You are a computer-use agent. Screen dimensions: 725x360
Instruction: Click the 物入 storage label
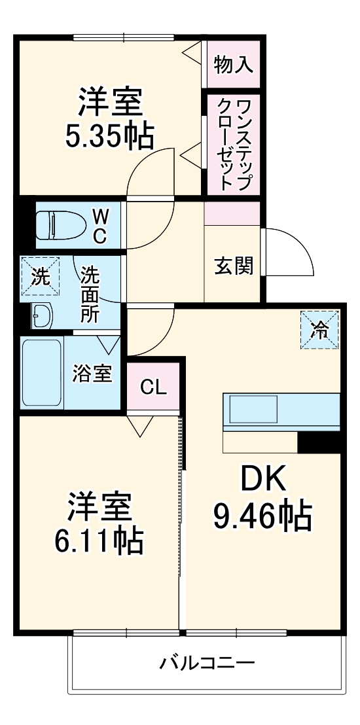pyautogui.click(x=234, y=66)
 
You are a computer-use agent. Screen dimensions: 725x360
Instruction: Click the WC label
pyautogui.click(x=99, y=226)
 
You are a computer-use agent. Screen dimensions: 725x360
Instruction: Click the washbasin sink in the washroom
pyautogui.click(x=43, y=317)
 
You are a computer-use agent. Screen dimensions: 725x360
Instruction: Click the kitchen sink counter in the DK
pyautogui.click(x=281, y=412)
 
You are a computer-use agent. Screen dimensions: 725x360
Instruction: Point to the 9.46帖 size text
pyautogui.click(x=262, y=517)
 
